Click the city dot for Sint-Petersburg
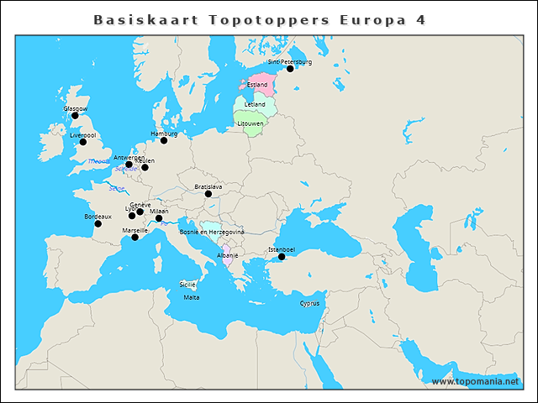pos(290,69)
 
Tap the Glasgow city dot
pos(75,116)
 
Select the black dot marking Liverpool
pos(82,142)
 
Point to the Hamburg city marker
pos(164,140)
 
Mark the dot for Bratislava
pos(208,194)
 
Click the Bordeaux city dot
pos(98,223)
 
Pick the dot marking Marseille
pos(135,237)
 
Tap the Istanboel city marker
pos(282,257)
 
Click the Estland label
pos(257,85)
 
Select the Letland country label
pos(255,104)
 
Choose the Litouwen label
pos(251,123)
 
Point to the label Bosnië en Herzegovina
pos(212,232)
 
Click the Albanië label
pos(228,254)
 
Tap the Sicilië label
pos(187,285)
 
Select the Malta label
pos(192,297)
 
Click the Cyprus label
pos(309,303)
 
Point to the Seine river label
pos(116,188)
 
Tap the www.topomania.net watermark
pos(476,381)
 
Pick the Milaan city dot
pos(159,218)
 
